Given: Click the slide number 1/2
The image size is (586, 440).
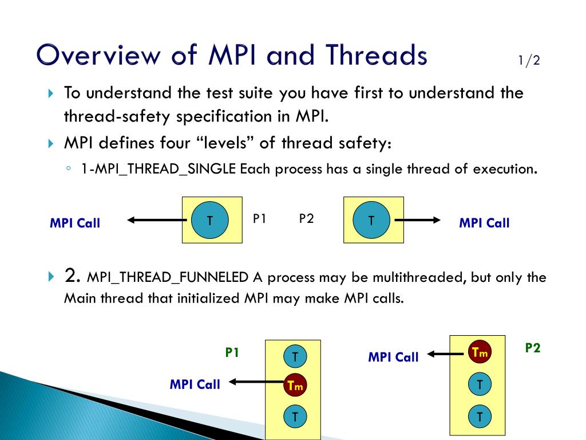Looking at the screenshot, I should (x=529, y=61).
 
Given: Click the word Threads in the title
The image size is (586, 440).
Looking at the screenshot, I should (x=377, y=56).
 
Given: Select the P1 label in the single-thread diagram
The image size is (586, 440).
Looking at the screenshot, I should (x=260, y=218).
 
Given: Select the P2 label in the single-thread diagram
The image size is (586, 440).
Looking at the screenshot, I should (x=306, y=218).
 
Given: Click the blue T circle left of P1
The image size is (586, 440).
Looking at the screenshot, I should (x=209, y=220).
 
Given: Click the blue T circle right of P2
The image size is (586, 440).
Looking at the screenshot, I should (x=371, y=220).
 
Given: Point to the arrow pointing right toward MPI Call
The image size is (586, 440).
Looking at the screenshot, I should (x=418, y=220).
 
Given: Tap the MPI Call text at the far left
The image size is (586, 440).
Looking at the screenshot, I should (x=75, y=223).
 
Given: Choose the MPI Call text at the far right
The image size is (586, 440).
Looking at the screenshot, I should (x=484, y=223).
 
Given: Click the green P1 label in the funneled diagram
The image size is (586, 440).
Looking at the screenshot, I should (x=232, y=353).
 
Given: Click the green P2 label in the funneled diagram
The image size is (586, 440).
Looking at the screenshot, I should (x=533, y=348).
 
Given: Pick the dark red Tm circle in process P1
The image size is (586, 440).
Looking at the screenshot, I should (x=295, y=386).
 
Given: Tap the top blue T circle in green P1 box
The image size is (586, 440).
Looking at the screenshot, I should (x=295, y=357).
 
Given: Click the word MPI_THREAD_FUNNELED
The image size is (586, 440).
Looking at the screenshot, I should (x=168, y=278).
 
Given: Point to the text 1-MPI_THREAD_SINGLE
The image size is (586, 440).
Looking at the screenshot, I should (x=159, y=170).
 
